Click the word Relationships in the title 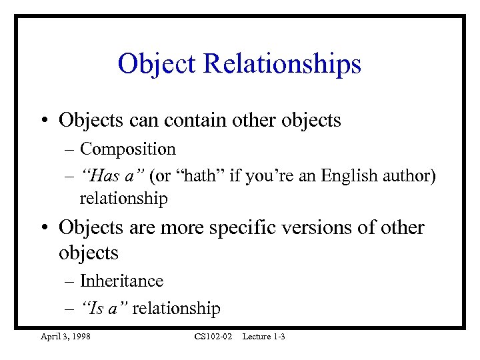283,65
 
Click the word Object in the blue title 158,65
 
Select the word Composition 128,149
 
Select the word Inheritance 121,281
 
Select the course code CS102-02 213,337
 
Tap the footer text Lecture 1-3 263,337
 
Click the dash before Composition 70,150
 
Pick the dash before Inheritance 70,282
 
